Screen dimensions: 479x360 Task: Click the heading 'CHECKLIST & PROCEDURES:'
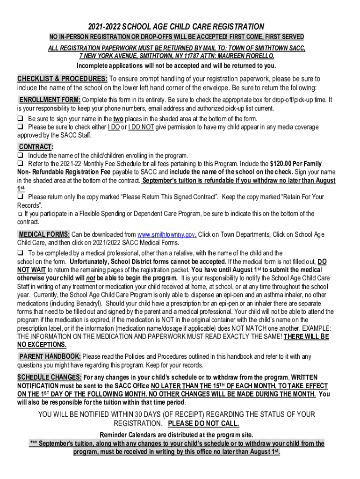63,78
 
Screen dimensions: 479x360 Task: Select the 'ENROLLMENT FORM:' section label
50,100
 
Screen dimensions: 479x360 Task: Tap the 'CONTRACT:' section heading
36,146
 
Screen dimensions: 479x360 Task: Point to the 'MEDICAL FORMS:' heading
44,234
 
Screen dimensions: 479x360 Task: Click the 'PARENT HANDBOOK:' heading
50,356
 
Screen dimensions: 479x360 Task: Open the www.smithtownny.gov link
167,234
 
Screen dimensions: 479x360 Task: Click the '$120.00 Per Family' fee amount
296,164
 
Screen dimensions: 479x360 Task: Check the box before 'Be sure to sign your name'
21,118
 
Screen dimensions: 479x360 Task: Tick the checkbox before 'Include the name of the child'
21,155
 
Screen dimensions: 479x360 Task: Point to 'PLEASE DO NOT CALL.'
203,424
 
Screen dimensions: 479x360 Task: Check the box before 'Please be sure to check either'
21,127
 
